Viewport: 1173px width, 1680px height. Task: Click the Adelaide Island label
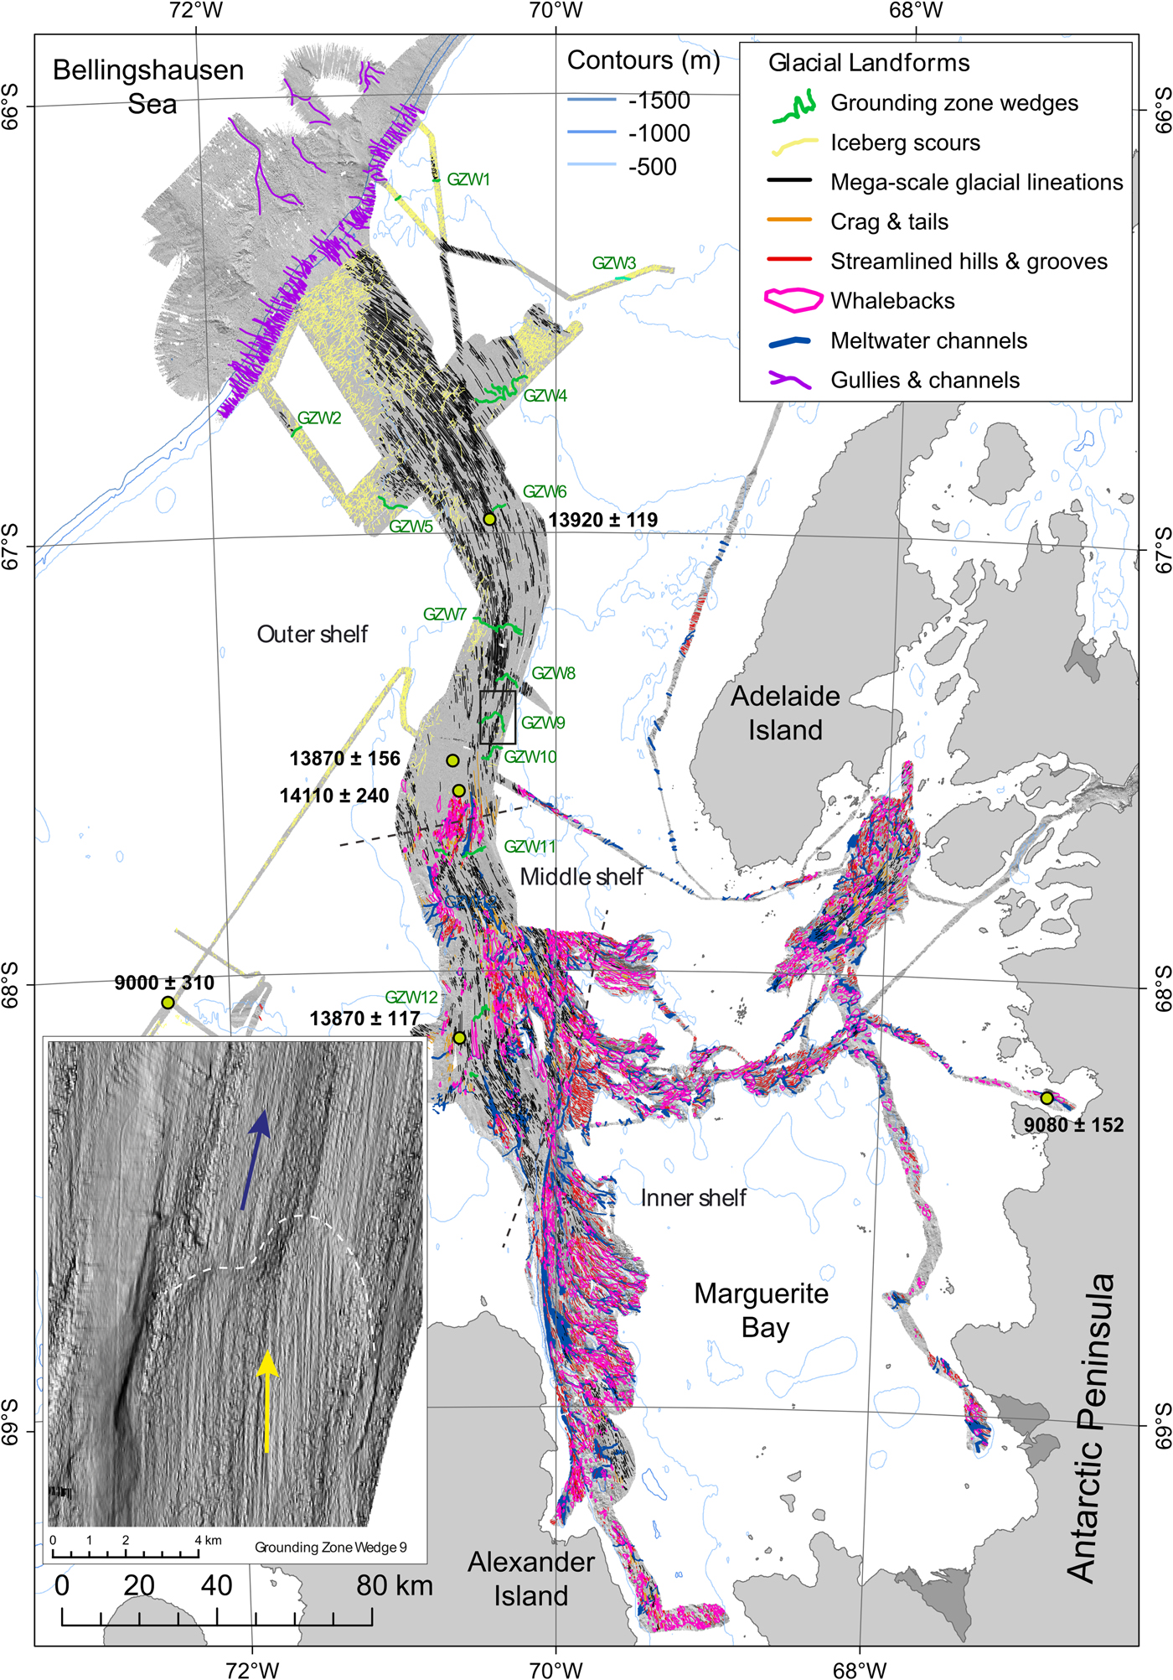785,713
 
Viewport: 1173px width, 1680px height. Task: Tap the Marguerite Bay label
761,1311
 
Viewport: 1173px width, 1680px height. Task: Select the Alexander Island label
531,1579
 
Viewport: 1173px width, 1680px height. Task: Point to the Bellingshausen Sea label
148,86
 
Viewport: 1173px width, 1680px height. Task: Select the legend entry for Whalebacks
892,301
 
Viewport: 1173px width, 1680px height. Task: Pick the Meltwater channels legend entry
928,340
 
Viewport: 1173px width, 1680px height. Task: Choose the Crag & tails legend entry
889,222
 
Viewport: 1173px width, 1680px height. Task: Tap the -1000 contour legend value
659,133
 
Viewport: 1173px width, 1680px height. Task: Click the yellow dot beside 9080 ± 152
1046,1097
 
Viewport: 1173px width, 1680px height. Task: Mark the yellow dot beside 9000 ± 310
168,1003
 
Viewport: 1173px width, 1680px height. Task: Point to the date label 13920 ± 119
603,520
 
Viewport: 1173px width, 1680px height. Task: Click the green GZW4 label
545,396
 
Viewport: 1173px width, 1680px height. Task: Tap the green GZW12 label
411,998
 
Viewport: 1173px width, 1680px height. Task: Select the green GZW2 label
319,418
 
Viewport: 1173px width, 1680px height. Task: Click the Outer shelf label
312,635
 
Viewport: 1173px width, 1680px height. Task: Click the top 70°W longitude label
556,11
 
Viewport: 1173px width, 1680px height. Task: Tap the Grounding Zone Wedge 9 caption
331,1548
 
